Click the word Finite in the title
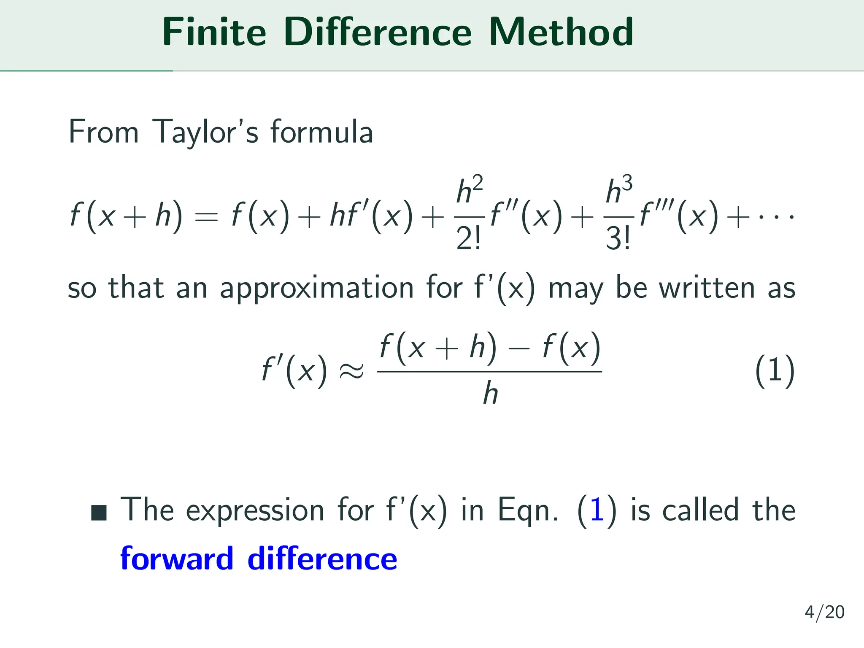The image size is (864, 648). (x=214, y=32)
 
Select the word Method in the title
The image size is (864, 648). (x=561, y=32)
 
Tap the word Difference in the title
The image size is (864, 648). (x=377, y=32)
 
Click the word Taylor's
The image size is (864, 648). (x=205, y=132)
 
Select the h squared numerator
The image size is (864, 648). (x=469, y=190)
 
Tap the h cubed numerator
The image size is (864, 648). (x=619, y=190)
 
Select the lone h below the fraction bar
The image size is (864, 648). (x=490, y=394)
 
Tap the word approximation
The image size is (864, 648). (x=316, y=289)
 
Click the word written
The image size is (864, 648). (x=707, y=289)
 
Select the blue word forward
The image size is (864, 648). (x=177, y=559)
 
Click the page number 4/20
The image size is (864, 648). (x=824, y=612)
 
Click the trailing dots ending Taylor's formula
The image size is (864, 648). (x=777, y=218)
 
